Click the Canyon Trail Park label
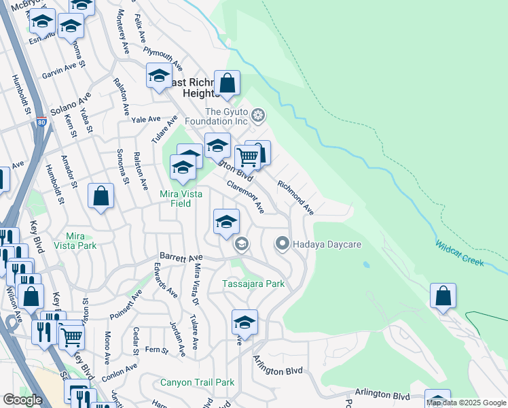tap(197, 382)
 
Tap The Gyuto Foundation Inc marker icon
tap(258, 115)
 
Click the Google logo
tap(22, 400)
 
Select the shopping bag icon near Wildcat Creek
tap(443, 296)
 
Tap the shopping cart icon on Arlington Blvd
tap(248, 157)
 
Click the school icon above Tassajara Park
tap(227, 222)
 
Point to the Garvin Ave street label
tap(58, 71)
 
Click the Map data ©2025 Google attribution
tap(466, 403)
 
